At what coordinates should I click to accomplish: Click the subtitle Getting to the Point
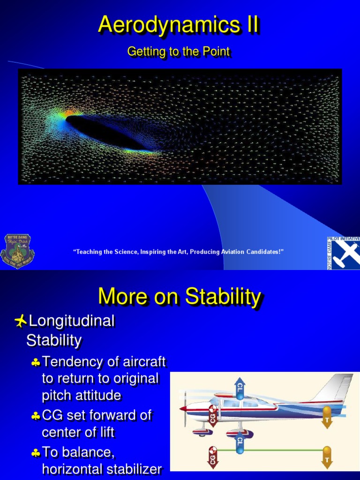click(178, 52)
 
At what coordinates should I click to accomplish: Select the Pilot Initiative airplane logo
click(344, 253)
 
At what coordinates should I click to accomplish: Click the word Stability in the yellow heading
click(223, 297)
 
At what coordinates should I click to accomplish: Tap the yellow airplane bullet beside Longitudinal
click(20, 321)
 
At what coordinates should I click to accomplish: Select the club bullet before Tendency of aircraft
click(36, 362)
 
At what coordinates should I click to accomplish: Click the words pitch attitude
click(81, 395)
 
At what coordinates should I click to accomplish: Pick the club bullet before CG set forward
click(36, 416)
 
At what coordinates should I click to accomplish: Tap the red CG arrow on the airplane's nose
click(213, 415)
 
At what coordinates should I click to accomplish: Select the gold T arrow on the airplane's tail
click(327, 417)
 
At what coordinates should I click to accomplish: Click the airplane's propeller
click(184, 408)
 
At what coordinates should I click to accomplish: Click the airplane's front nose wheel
click(202, 431)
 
